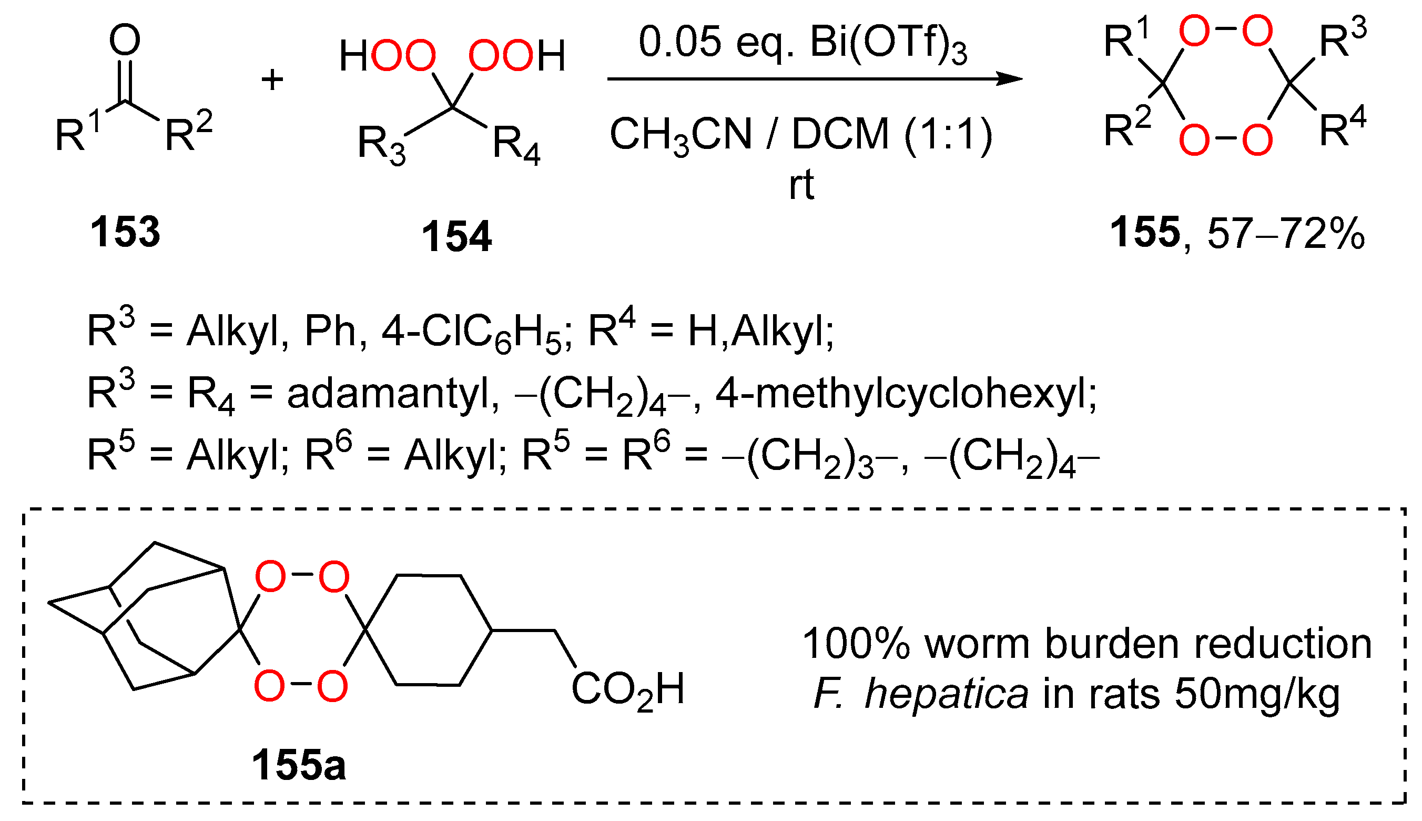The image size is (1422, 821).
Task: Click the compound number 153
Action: (x=125, y=232)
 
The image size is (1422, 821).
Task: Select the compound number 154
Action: (x=456, y=237)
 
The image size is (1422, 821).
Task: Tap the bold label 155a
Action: (x=299, y=766)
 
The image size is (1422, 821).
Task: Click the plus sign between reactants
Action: (x=272, y=79)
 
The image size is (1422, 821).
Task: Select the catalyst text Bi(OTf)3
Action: (x=888, y=44)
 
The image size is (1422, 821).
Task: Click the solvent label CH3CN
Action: (x=680, y=135)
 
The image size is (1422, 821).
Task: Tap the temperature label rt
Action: (x=801, y=185)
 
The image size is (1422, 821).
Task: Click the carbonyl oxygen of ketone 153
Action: (x=125, y=40)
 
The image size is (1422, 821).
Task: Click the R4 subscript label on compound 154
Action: (x=516, y=145)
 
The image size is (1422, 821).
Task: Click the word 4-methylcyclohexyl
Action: (x=906, y=394)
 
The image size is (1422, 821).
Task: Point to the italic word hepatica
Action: (x=946, y=694)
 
